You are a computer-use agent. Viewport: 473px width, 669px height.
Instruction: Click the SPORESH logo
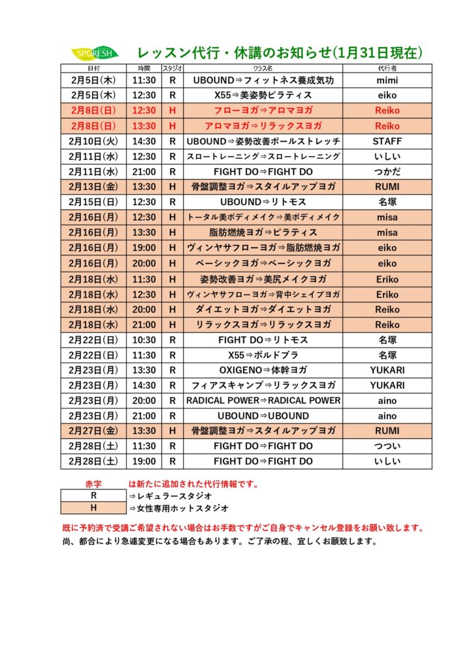point(94,53)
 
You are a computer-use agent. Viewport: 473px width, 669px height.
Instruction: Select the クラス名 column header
point(263,68)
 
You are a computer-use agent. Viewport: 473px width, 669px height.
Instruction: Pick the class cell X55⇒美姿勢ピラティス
point(263,95)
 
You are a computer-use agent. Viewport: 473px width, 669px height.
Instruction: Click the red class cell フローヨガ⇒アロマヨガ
point(263,110)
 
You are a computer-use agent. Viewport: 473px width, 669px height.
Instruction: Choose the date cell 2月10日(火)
point(93,141)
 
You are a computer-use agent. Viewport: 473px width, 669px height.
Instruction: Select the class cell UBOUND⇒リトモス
point(263,202)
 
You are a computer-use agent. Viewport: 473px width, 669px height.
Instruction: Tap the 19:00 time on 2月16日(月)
point(144,248)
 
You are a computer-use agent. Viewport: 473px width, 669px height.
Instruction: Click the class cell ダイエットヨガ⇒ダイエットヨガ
point(263,309)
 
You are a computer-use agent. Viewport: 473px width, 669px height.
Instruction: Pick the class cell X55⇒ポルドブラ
point(263,355)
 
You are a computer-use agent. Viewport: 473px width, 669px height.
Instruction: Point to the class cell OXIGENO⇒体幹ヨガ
point(263,370)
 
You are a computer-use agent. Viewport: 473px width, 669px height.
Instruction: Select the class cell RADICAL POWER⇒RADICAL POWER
point(263,400)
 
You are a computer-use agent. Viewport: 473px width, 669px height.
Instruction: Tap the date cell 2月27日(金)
point(93,431)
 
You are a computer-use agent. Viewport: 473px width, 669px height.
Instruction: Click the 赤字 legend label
point(93,484)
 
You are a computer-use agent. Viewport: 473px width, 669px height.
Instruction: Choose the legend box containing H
point(93,508)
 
